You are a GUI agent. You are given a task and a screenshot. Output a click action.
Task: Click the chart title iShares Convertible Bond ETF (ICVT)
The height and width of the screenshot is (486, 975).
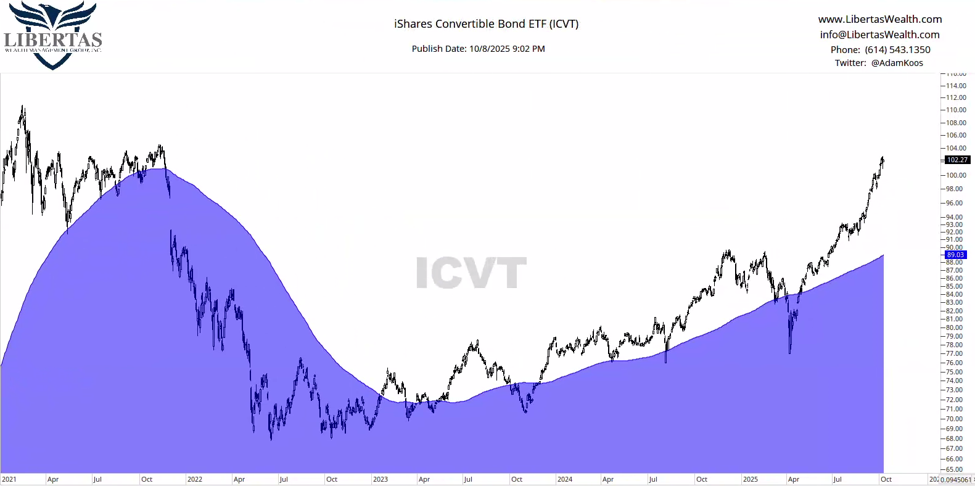point(486,24)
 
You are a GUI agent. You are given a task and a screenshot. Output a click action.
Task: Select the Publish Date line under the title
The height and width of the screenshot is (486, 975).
point(478,49)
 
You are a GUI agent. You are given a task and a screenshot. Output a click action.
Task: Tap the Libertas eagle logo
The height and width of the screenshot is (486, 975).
point(53,34)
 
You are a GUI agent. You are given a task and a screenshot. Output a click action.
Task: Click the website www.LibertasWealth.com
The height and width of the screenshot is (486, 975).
point(879,19)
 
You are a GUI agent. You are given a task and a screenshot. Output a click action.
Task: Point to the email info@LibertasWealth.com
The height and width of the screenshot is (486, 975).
point(879,35)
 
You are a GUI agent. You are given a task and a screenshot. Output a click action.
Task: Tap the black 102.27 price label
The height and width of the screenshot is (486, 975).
point(956,160)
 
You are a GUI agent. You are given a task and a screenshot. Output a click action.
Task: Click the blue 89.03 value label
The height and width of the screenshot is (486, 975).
point(955,255)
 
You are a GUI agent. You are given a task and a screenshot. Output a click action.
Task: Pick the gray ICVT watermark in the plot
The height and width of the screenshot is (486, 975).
point(471,273)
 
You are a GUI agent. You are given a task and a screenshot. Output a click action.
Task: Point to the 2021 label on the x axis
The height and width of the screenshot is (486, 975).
point(9,479)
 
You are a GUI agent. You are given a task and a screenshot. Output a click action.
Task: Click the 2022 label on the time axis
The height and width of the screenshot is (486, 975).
point(195,479)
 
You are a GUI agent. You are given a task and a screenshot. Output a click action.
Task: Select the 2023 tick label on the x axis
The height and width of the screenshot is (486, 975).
point(381,479)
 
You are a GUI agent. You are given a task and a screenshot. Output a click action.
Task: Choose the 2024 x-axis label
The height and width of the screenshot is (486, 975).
point(565,479)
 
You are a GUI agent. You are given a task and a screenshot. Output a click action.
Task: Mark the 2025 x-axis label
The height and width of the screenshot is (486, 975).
point(751,479)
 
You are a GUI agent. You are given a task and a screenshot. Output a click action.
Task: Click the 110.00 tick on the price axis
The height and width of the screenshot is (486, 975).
point(956,110)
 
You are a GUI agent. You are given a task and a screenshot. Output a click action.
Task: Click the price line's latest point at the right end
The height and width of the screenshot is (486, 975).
point(883,160)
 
